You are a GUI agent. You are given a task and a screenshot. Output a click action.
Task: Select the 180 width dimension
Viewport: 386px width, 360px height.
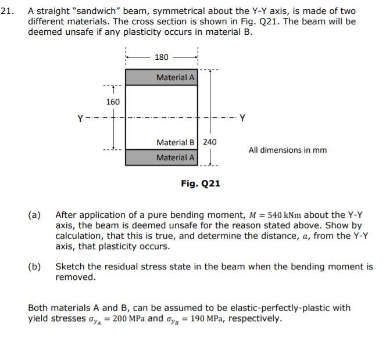162,57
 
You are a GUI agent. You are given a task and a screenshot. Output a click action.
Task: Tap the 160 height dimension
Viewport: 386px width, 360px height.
113,102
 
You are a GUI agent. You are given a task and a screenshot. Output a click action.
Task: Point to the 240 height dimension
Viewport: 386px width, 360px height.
209,142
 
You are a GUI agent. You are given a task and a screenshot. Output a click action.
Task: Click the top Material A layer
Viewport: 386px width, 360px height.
162,77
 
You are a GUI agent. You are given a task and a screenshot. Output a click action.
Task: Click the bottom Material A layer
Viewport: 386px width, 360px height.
162,157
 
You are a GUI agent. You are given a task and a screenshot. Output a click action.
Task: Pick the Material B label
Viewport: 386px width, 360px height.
176,142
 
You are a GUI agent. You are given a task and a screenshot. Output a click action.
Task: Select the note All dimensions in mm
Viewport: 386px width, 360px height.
287,150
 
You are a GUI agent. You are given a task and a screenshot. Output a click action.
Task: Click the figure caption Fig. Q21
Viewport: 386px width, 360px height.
200,183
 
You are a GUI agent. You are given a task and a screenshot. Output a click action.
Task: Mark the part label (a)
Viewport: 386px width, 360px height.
35,215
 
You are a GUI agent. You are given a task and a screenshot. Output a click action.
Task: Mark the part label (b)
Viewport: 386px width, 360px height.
35,267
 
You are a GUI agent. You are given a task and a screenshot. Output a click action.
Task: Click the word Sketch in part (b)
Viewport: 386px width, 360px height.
70,267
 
